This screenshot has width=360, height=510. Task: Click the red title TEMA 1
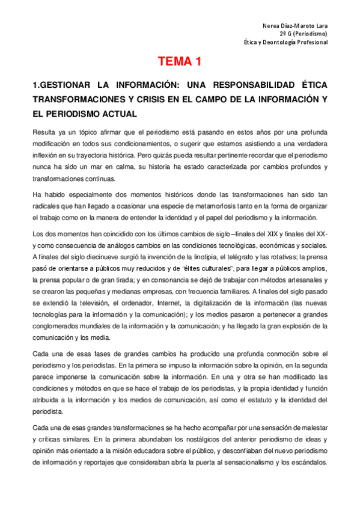(x=179, y=61)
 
